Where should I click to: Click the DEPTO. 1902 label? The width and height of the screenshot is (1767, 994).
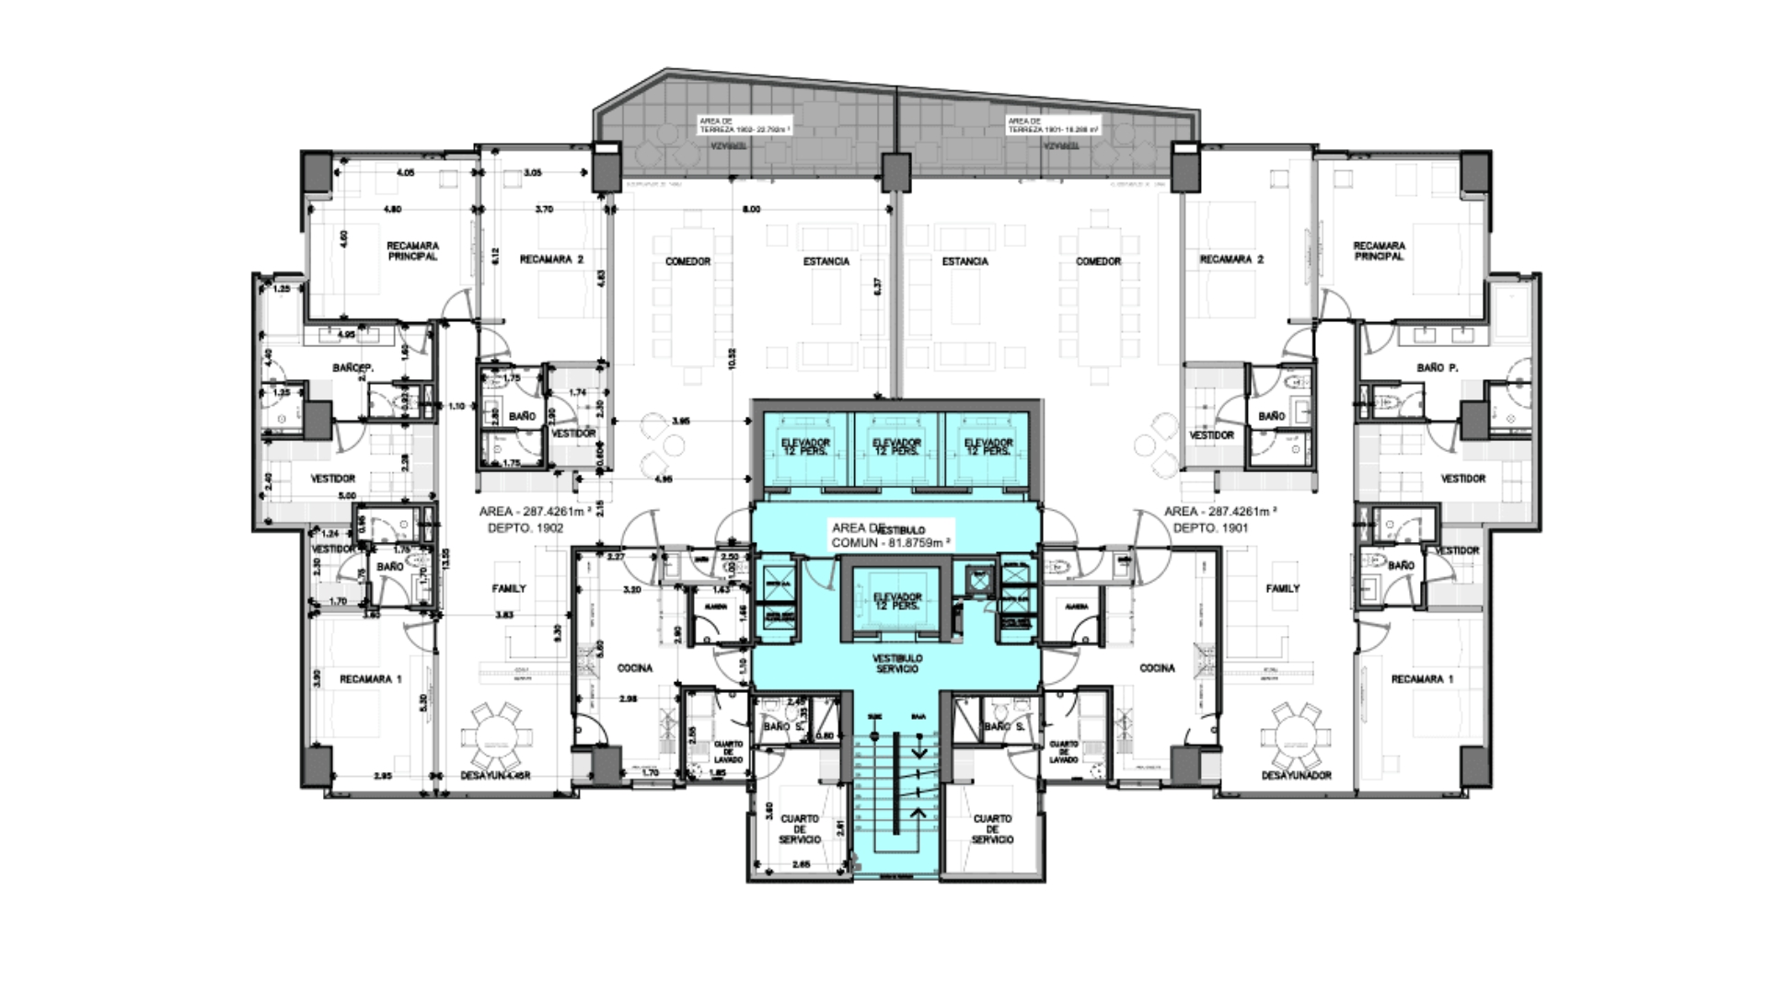tap(525, 528)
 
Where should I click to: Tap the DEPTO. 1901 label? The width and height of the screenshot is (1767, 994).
tap(1210, 528)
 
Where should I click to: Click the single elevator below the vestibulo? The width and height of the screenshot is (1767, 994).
tap(896, 602)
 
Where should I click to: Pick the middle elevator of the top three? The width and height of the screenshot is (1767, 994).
tap(896, 447)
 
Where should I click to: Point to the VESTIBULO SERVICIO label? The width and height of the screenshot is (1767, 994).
tap(896, 664)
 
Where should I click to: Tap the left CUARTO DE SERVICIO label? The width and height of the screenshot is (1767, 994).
tap(799, 828)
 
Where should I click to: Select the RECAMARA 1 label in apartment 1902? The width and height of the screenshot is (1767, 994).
tap(370, 679)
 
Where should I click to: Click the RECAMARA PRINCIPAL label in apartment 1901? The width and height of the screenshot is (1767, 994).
tap(1379, 251)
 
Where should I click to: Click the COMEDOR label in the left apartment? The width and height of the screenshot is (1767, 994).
tap(687, 262)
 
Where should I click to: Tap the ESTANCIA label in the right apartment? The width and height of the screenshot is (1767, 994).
tap(964, 262)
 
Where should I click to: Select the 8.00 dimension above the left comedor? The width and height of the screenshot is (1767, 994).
tap(752, 210)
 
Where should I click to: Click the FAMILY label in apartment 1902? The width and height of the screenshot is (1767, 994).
tap(509, 589)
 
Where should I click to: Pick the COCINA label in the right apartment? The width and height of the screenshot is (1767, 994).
tap(1157, 668)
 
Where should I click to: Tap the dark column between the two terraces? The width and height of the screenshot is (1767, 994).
tap(895, 172)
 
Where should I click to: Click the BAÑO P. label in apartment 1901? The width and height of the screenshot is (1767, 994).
tap(1437, 368)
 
